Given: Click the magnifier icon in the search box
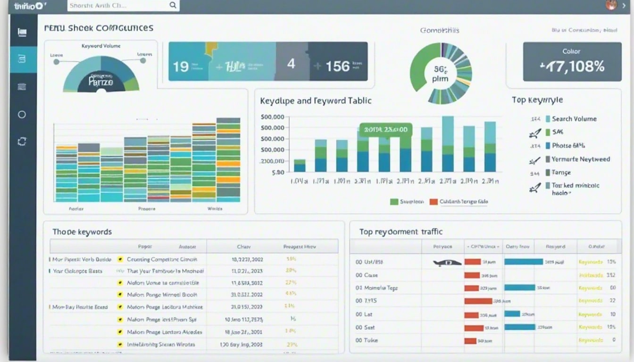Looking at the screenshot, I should click(x=173, y=6).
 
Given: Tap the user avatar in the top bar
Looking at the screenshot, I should click(x=611, y=6).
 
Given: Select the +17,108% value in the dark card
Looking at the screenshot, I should click(x=572, y=66).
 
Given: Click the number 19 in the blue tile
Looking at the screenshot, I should click(x=181, y=66).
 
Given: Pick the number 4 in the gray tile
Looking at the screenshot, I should click(x=291, y=64).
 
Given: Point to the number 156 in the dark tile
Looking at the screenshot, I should click(x=338, y=66).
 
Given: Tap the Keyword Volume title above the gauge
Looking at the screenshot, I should click(x=101, y=46).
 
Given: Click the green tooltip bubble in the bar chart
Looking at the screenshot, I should click(x=385, y=130).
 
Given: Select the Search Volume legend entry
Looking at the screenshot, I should click(x=574, y=119).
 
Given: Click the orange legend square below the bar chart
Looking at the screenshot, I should click(x=433, y=202).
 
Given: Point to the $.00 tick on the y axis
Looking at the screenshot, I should click(x=278, y=173).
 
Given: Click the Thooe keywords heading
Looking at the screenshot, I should click(x=82, y=232).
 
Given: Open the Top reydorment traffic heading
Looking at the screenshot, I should click(x=400, y=232).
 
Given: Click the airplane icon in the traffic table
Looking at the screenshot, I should click(x=447, y=263).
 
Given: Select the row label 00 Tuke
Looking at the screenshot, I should click(x=367, y=340).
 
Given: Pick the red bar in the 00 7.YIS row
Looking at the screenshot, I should click(x=478, y=301).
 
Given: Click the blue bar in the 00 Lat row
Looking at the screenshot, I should click(x=512, y=314).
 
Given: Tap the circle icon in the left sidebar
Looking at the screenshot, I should click(x=22, y=115).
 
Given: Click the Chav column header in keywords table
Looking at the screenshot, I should click(x=243, y=247).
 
